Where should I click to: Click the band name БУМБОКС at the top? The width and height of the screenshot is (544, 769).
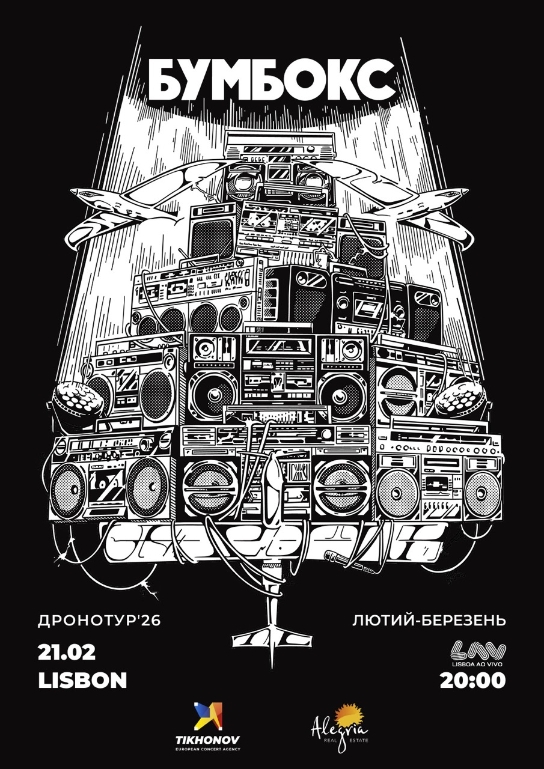click(x=272, y=80)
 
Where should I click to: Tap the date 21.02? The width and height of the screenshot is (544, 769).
click(x=67, y=652)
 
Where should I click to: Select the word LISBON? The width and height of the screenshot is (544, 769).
click(x=82, y=680)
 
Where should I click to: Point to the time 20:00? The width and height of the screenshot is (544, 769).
click(x=473, y=680)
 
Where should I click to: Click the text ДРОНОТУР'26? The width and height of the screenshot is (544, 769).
click(x=99, y=622)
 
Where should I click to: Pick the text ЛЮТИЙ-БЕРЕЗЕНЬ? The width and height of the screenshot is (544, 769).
click(x=429, y=622)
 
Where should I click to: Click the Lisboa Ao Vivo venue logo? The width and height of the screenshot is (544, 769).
click(x=477, y=654)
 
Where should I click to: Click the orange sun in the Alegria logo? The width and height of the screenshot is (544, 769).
click(x=347, y=715)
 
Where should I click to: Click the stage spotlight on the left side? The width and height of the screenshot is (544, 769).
click(x=76, y=403)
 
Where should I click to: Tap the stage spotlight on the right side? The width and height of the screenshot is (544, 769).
click(x=462, y=403)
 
